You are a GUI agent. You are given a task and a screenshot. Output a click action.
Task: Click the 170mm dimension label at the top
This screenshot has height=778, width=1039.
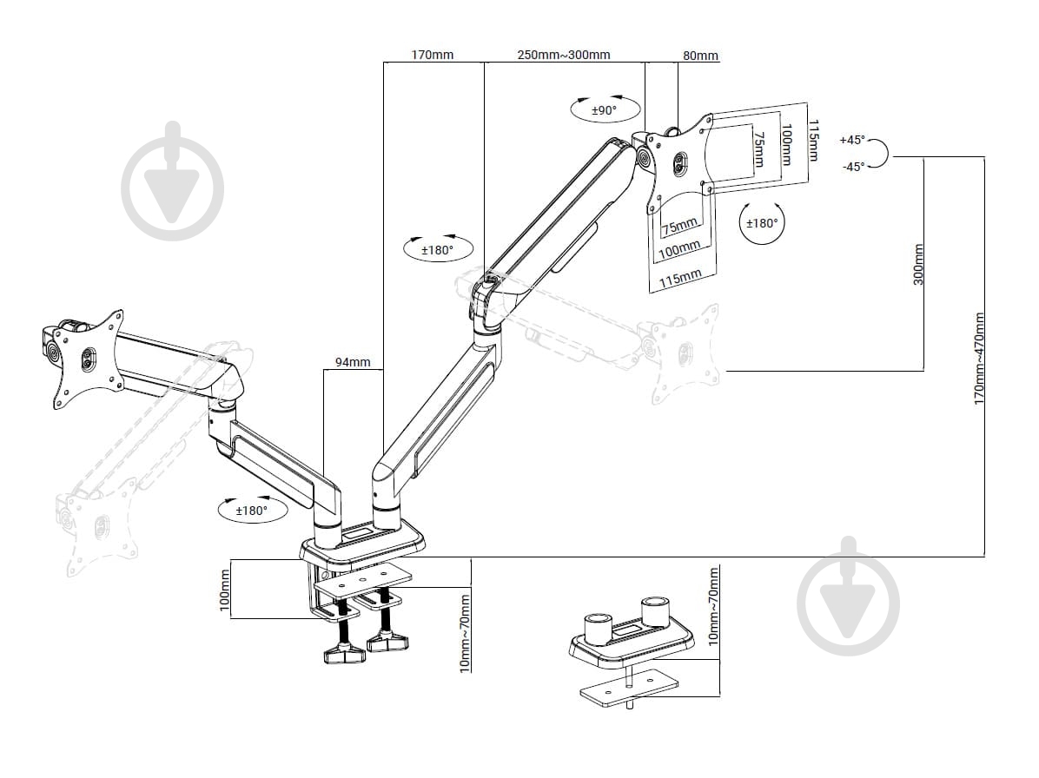coord(432,56)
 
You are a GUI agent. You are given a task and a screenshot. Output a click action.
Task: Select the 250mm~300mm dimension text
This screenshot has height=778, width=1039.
coord(564,56)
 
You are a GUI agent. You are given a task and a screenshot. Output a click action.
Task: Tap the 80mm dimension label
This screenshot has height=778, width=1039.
coord(700,56)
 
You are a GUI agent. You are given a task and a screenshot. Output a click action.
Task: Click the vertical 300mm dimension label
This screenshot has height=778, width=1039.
coord(919,264)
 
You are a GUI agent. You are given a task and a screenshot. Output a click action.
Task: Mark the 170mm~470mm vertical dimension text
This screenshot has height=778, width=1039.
coord(979,359)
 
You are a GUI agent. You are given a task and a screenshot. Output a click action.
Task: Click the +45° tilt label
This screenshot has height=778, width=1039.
coord(852,140)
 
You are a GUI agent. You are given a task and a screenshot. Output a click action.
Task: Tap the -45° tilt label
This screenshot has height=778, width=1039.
coord(853,167)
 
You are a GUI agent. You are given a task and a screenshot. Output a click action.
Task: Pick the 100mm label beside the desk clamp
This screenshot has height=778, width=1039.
coord(225,588)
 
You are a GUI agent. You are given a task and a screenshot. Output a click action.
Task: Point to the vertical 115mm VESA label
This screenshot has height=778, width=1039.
coord(813,140)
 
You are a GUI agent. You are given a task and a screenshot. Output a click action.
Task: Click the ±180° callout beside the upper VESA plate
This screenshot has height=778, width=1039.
coord(763,222)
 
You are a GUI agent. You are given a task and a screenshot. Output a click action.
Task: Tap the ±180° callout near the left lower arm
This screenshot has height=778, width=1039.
coord(252,511)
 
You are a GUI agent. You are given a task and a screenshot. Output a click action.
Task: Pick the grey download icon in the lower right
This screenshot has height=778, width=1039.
coord(848,596)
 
